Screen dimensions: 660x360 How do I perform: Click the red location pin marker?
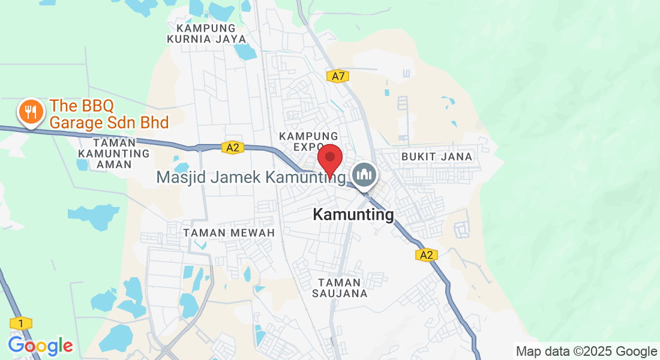pyautogui.click(x=329, y=159)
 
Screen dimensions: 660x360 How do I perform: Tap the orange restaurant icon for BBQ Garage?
pyautogui.click(x=29, y=112)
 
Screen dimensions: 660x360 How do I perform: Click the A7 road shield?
pyautogui.click(x=338, y=76)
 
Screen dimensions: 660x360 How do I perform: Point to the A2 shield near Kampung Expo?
pyautogui.click(x=233, y=148)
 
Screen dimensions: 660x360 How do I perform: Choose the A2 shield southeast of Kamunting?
pyautogui.click(x=425, y=255)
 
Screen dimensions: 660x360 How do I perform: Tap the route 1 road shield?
pyautogui.click(x=21, y=324)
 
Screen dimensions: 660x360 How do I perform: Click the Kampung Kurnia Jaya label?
pyautogui.click(x=206, y=34)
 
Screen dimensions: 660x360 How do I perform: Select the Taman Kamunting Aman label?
pyautogui.click(x=113, y=154)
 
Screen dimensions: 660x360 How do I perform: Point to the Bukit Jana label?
pyautogui.click(x=437, y=157)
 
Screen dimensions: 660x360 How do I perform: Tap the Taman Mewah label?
pyautogui.click(x=229, y=232)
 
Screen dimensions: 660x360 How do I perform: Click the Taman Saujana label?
pyautogui.click(x=340, y=288)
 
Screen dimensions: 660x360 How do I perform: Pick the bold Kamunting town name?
pyautogui.click(x=353, y=214)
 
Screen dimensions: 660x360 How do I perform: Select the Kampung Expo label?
pyautogui.click(x=308, y=142)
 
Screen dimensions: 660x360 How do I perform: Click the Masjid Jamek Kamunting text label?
pyautogui.click(x=251, y=178)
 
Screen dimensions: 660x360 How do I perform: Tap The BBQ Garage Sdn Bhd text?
pyautogui.click(x=109, y=114)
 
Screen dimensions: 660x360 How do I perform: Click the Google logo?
pyautogui.click(x=40, y=346)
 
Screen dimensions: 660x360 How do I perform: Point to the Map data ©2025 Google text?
pyautogui.click(x=586, y=351)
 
